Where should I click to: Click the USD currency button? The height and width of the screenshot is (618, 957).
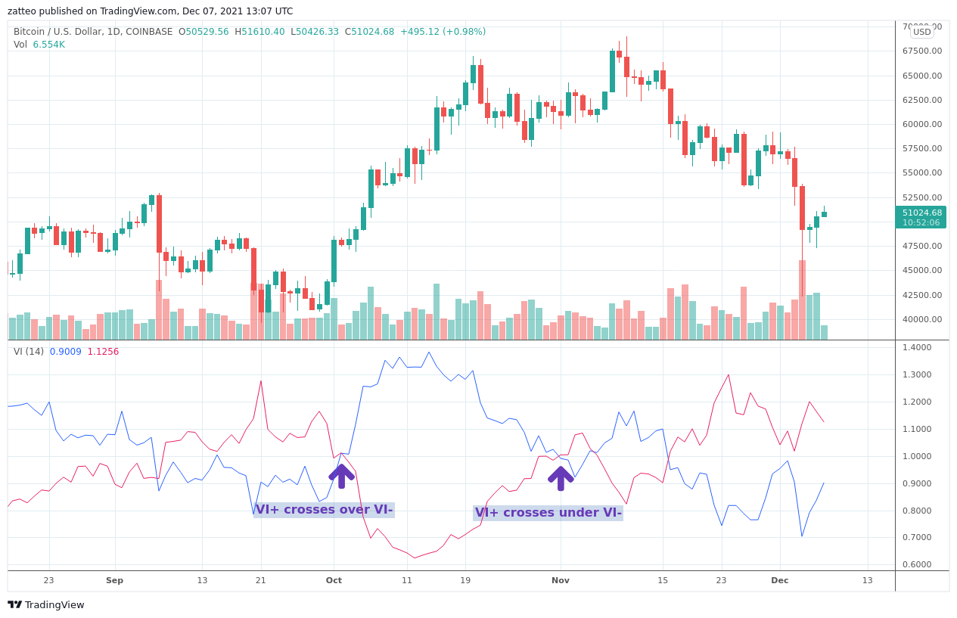coord(921,32)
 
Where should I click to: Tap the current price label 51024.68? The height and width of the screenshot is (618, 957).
coord(921,213)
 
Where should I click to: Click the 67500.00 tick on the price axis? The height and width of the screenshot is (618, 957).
coord(922,51)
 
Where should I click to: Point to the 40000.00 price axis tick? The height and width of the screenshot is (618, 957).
coord(922,319)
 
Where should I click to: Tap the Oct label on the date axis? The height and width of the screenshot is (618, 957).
coord(334,580)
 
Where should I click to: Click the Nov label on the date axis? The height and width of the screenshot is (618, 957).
coord(560,580)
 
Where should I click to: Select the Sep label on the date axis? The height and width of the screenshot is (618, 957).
coord(114,580)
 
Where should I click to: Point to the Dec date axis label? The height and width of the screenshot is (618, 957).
coord(779,580)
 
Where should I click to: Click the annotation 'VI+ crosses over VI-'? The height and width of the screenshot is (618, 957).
coord(324,510)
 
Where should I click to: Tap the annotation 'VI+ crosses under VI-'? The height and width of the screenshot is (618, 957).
coord(548,513)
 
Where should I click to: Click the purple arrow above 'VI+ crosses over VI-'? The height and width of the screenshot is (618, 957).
coord(341,476)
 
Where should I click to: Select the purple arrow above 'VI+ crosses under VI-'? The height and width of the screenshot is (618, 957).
coord(560,478)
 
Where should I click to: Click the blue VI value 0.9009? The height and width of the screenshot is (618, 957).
coord(65,352)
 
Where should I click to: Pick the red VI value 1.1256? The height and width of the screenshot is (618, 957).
coord(103,352)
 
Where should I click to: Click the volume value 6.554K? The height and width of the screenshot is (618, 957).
coord(48,45)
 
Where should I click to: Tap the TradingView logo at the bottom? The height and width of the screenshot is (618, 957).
coord(46,604)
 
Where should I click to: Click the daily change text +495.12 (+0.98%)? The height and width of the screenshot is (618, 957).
coord(443,32)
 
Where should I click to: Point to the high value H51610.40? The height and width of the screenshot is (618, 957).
coord(259,32)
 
